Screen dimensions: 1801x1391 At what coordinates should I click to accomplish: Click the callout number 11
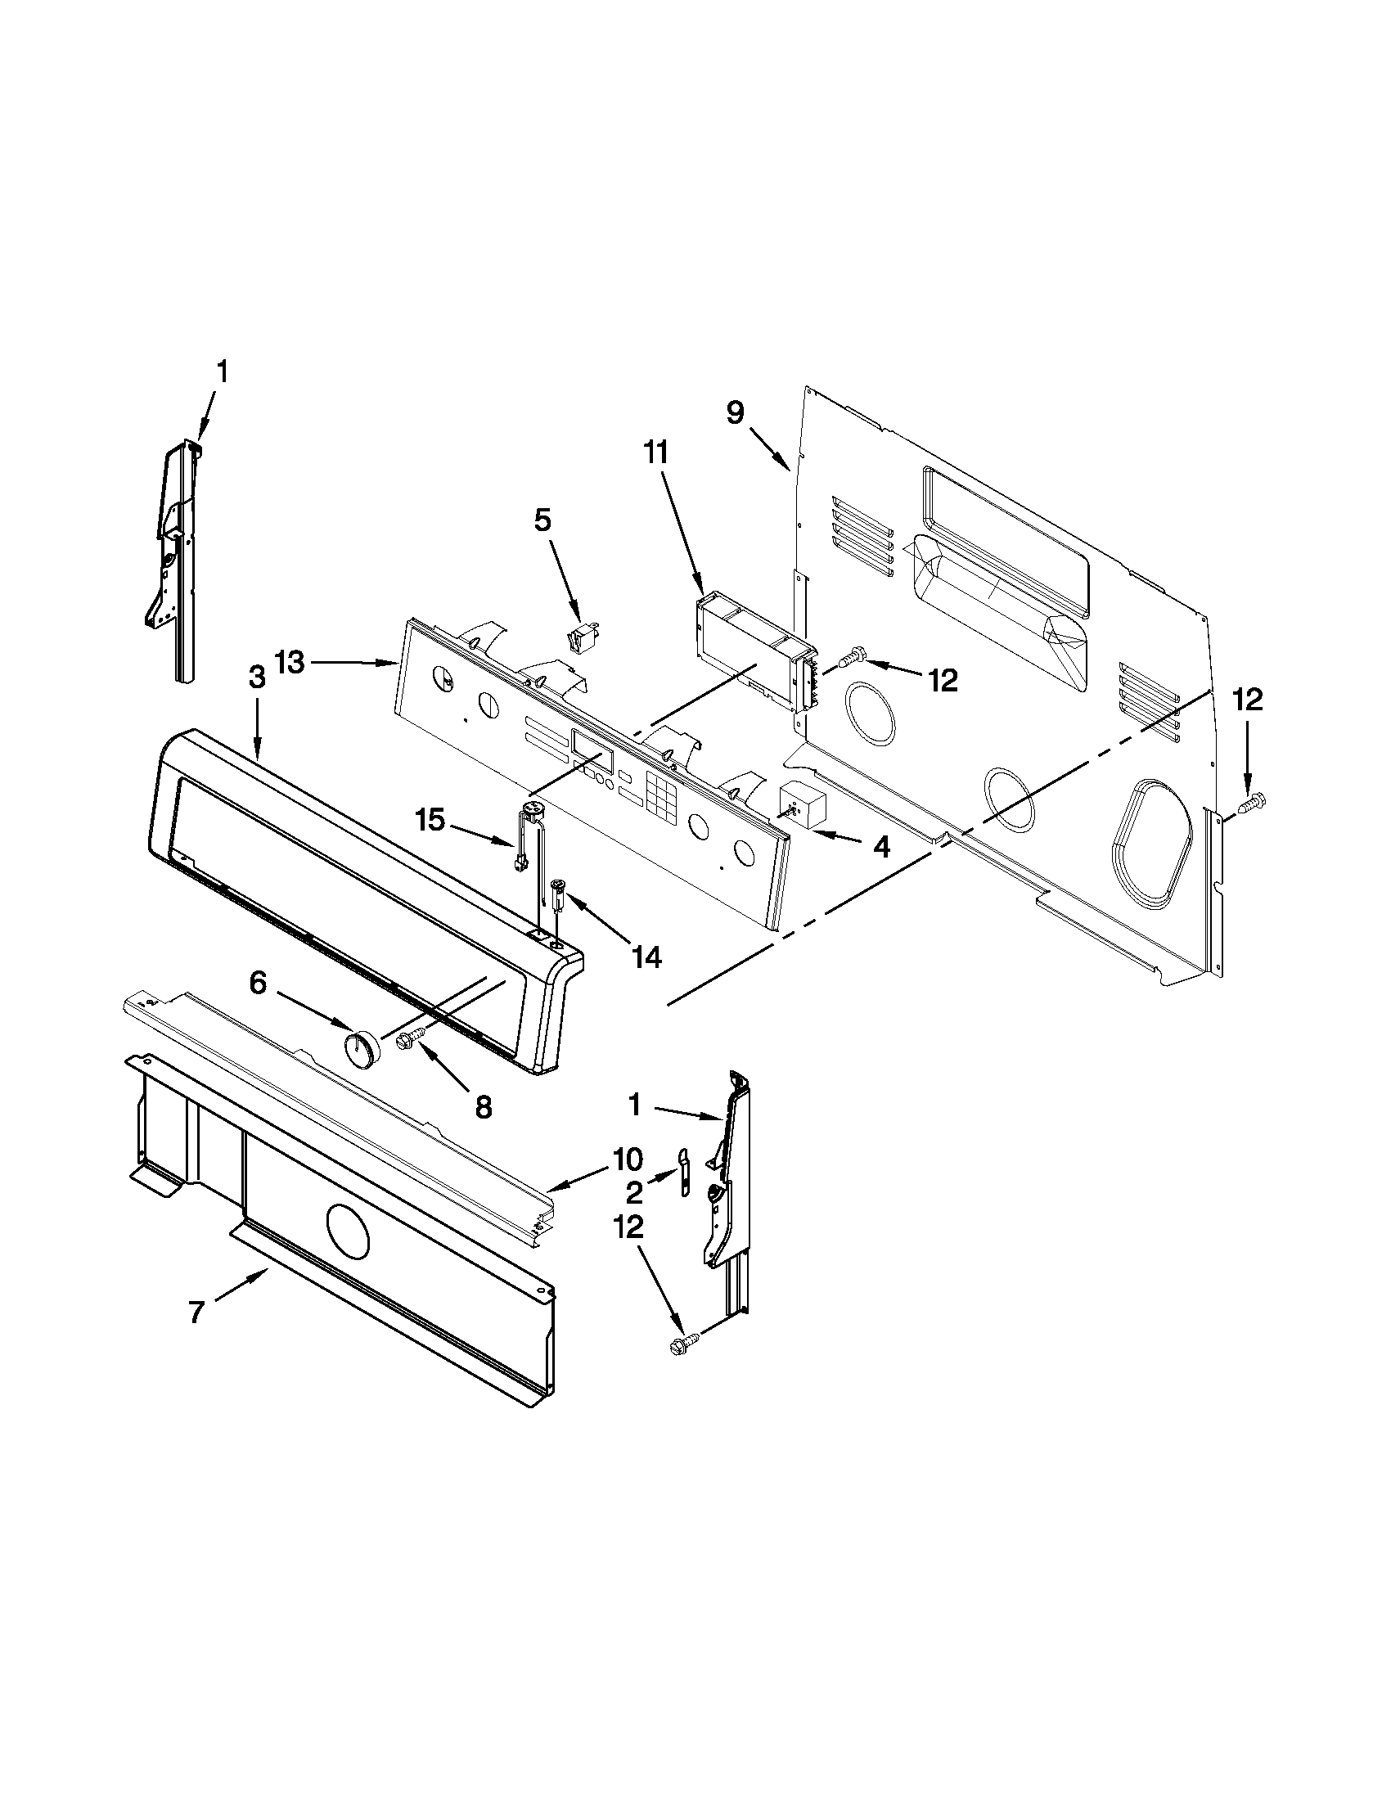[657, 453]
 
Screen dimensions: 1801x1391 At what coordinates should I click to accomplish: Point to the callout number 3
[256, 701]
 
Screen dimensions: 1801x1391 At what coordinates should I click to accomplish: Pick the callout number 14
[647, 956]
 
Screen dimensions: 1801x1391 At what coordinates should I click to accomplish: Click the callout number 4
[881, 847]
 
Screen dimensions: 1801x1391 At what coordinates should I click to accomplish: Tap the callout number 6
[258, 983]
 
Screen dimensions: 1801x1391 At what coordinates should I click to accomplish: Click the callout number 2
[634, 1192]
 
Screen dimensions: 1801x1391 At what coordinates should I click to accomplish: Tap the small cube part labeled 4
[802, 803]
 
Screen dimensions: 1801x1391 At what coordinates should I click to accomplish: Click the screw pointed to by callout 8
[410, 1038]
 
